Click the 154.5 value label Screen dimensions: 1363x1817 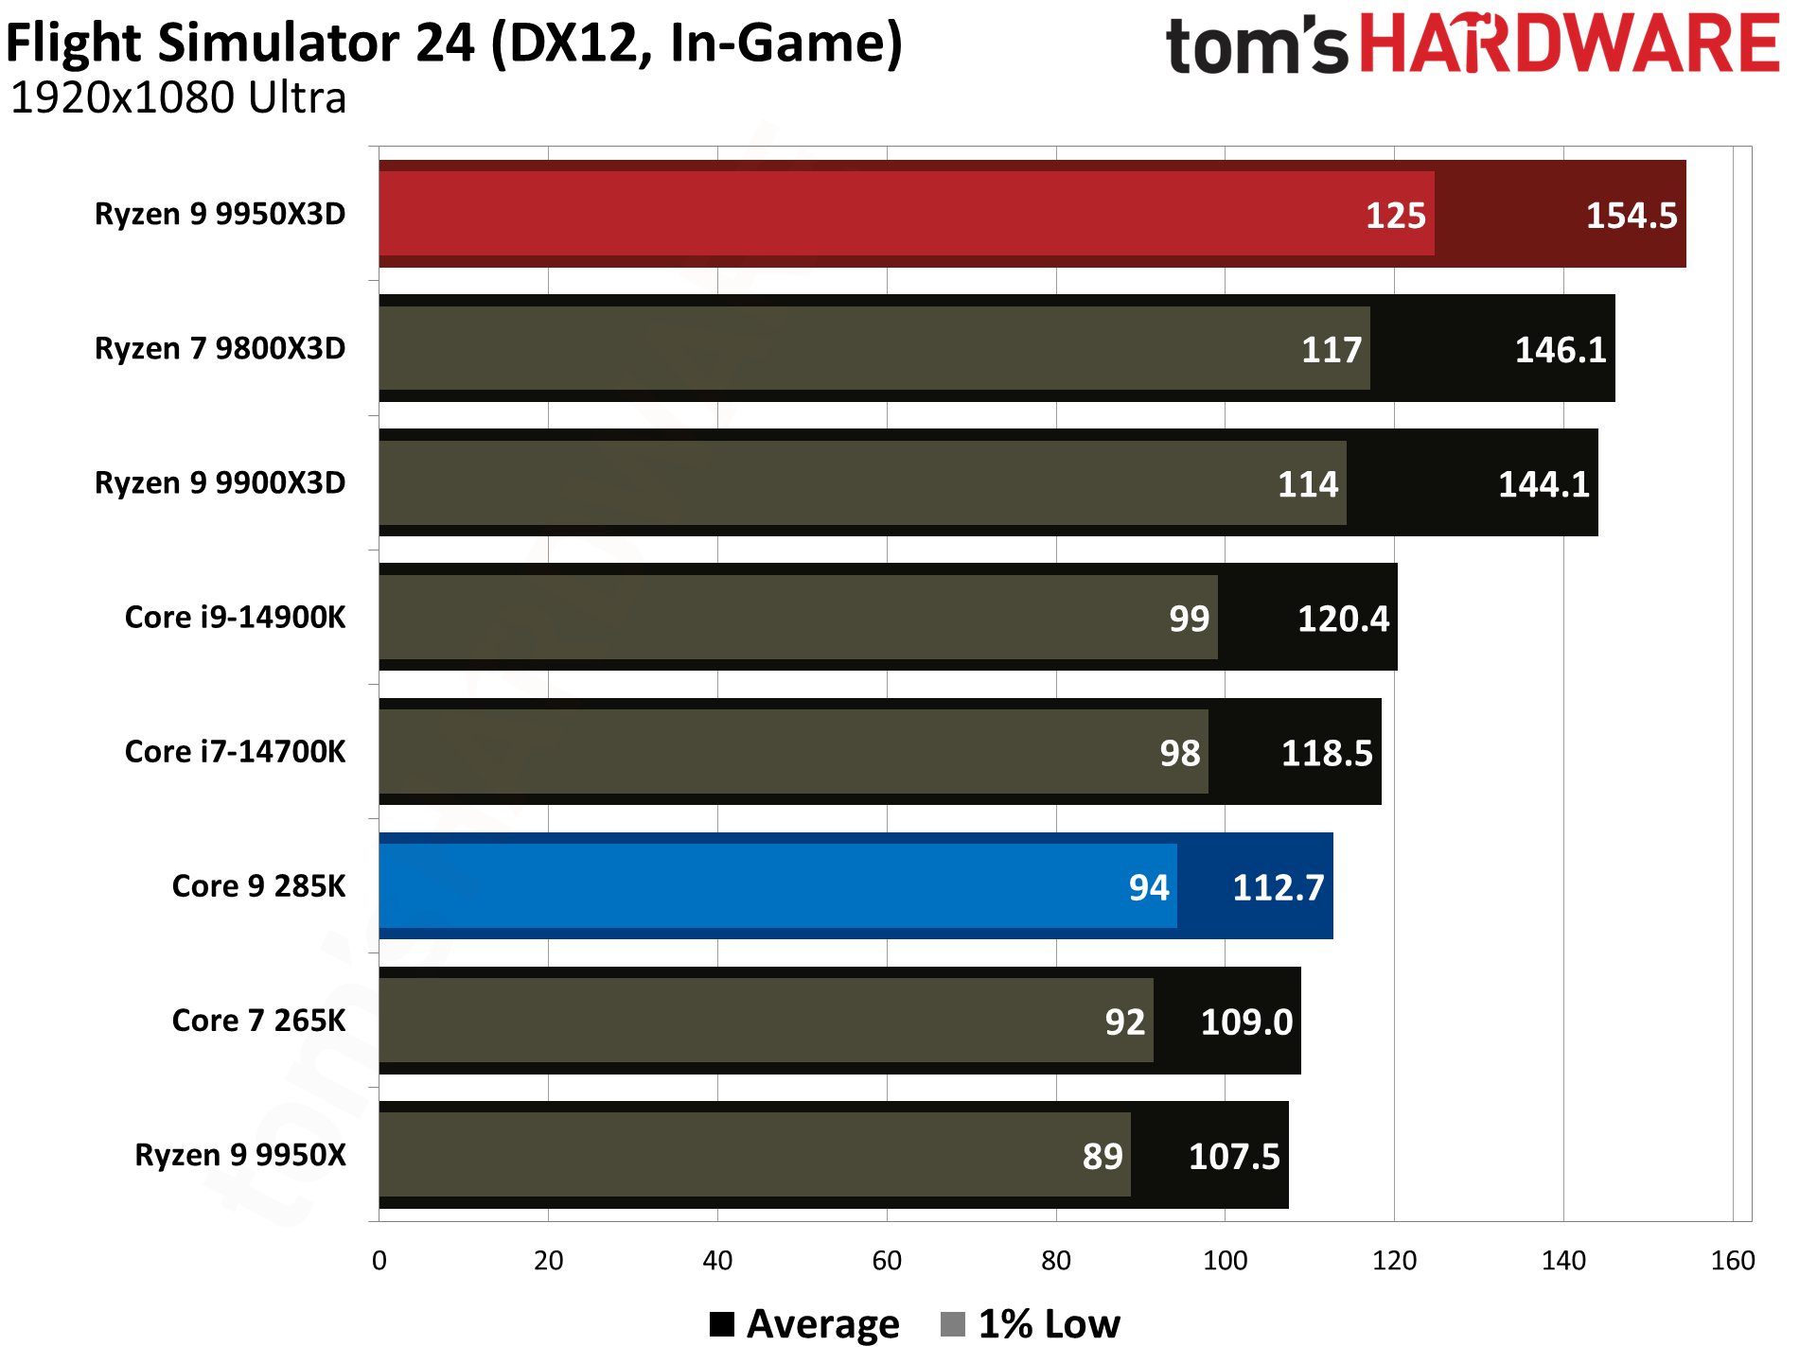pyautogui.click(x=1631, y=216)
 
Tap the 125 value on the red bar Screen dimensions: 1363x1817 pyautogui.click(x=1395, y=216)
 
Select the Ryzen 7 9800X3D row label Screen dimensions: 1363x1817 pyautogui.click(x=221, y=349)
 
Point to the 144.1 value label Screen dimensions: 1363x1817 pyautogui.click(x=1544, y=484)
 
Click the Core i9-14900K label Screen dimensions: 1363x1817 pyautogui.click(x=236, y=618)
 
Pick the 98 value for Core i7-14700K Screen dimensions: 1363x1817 pyautogui.click(x=1179, y=754)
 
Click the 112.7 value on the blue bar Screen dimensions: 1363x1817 pyautogui.click(x=1278, y=888)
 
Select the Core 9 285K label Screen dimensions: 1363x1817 pyautogui.click(x=258, y=886)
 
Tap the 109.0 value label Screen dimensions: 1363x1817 pyautogui.click(x=1246, y=1022)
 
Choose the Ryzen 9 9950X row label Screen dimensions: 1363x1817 pyautogui.click(x=240, y=1155)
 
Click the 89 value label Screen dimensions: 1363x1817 pyautogui.click(x=1103, y=1157)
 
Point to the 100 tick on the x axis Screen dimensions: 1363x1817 pyautogui.click(x=1225, y=1261)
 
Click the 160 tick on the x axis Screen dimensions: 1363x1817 pyautogui.click(x=1733, y=1261)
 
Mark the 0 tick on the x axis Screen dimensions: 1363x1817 pyautogui.click(x=379, y=1261)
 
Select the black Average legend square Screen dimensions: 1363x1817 pyautogui.click(x=722, y=1324)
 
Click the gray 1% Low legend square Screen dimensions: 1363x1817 pyautogui.click(x=953, y=1324)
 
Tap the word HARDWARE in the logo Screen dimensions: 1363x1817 pyautogui.click(x=1570, y=44)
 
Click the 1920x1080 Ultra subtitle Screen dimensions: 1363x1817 pyautogui.click(x=179, y=98)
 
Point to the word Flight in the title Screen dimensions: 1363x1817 pyautogui.click(x=76, y=44)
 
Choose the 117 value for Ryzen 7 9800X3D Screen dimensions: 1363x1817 pyautogui.click(x=1331, y=350)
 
